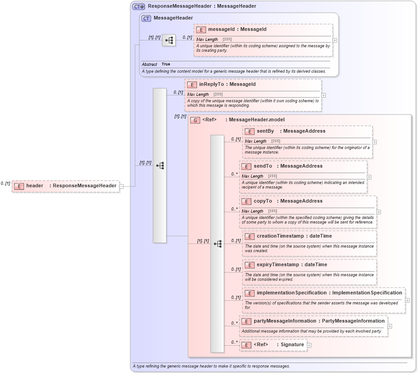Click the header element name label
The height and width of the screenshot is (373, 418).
pyautogui.click(x=35, y=186)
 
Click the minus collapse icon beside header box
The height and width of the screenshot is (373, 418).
pyautogui.click(x=121, y=186)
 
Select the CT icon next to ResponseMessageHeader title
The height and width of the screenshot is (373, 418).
pyautogui.click(x=138, y=6)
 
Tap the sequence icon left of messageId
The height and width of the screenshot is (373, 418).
pyautogui.click(x=169, y=40)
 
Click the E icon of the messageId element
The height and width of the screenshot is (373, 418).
pyautogui.click(x=201, y=30)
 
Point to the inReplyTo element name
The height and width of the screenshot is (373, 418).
pyautogui.click(x=211, y=85)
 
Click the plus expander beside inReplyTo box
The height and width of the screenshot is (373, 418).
pyautogui.click(x=324, y=95)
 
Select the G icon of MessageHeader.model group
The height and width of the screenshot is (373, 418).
pyautogui.click(x=195, y=120)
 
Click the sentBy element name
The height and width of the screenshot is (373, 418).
pyautogui.click(x=266, y=131)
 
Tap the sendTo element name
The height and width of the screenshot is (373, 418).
pyautogui.click(x=263, y=166)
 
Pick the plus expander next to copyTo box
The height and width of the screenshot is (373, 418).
pyautogui.click(x=379, y=212)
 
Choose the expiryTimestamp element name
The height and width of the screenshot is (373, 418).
pyautogui.click(x=278, y=265)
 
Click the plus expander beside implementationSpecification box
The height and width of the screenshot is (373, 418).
pyautogui.click(x=407, y=300)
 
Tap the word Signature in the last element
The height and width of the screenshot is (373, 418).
pyautogui.click(x=292, y=345)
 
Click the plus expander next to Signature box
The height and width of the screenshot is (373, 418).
pyautogui.click(x=309, y=345)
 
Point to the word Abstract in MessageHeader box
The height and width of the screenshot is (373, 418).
pyautogui.click(x=149, y=65)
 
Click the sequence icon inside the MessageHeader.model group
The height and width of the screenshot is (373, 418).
pyautogui.click(x=217, y=244)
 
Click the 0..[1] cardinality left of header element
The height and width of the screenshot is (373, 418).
pyautogui.click(x=5, y=184)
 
